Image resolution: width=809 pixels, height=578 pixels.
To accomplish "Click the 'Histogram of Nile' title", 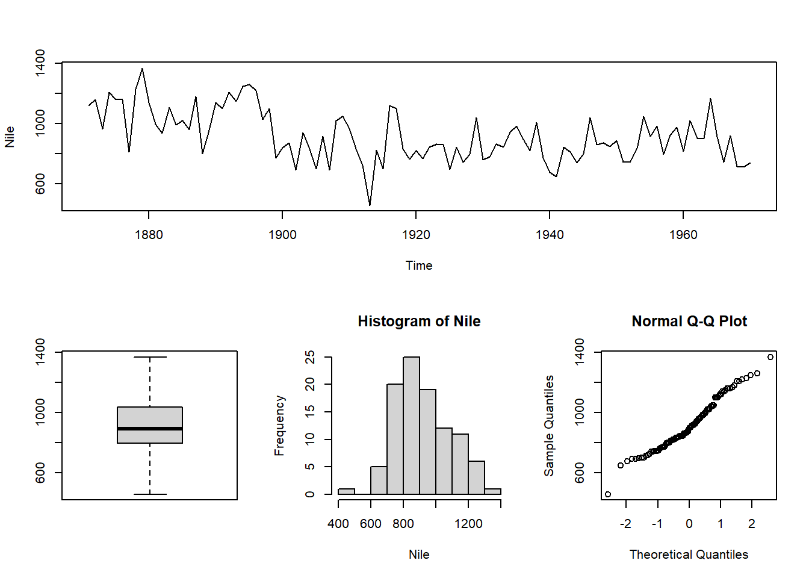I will point(419,322).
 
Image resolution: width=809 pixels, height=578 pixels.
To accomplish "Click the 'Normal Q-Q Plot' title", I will point(689,322).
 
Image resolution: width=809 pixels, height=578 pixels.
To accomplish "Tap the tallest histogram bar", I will point(411,425).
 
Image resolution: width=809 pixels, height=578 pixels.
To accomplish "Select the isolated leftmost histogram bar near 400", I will point(346,491).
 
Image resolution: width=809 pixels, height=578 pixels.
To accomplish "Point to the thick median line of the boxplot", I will point(150,429).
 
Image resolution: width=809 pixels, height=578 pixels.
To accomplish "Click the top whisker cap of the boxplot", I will point(150,357).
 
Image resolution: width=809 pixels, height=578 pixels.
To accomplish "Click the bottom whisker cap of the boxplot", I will point(150,494).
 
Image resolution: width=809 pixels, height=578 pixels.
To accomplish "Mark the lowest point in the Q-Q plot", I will point(608,494).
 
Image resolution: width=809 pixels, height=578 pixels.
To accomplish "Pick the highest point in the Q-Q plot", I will point(770,357).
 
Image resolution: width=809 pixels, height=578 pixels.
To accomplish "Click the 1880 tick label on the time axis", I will point(149,235).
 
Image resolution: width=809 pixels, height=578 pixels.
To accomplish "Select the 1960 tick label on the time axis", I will point(683,235).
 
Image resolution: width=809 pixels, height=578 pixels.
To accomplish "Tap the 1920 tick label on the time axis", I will point(416,235).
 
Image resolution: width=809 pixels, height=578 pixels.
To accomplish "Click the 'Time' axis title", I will point(419,266).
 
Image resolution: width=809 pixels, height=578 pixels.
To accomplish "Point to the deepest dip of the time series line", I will point(370,205).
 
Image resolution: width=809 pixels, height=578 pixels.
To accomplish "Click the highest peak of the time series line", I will point(142,69).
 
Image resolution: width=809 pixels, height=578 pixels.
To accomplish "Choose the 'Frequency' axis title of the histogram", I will point(279,425).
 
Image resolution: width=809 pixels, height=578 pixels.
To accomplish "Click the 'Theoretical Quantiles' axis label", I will point(689,555).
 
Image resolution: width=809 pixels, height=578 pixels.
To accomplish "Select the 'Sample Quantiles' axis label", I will point(549,425).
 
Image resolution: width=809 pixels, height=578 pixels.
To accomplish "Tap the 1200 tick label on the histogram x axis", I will point(468,524).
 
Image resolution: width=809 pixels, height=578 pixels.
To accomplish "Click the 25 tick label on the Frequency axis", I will point(310,357).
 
